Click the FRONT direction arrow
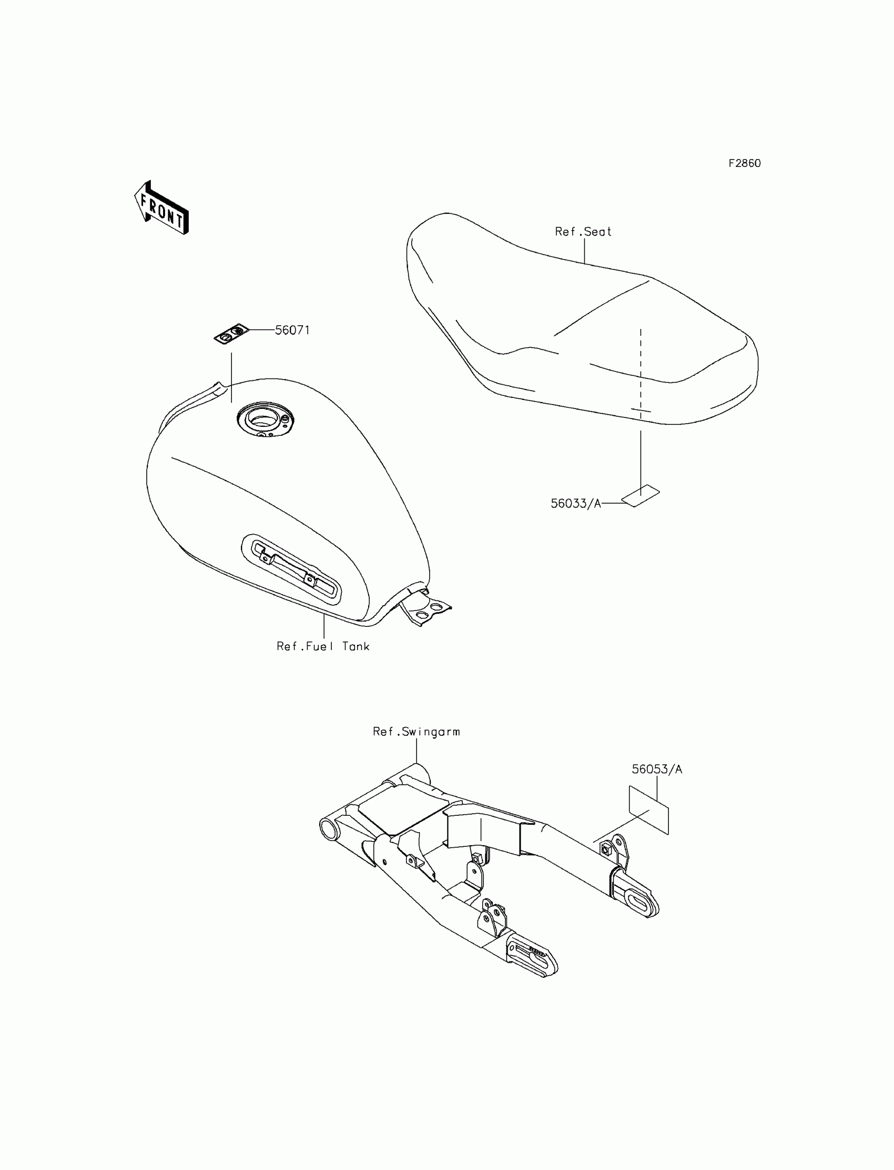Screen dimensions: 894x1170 161,208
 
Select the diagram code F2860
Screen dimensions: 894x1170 745,164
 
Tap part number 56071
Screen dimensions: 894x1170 292,330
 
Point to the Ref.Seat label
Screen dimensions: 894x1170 583,232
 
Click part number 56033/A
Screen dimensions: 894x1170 576,503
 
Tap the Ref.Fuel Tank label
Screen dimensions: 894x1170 323,646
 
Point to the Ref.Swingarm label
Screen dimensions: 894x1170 416,732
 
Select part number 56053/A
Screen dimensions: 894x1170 657,769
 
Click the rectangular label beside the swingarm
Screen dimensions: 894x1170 649,809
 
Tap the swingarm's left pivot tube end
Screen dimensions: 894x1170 328,829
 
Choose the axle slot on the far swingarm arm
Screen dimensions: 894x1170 637,902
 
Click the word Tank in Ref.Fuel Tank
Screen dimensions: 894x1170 355,646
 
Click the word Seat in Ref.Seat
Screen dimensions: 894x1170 597,232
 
